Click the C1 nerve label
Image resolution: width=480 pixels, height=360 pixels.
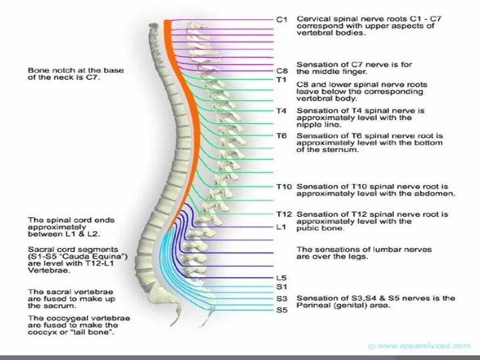point(281,19)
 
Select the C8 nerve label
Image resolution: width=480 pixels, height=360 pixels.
point(281,70)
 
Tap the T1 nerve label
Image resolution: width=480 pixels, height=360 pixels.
point(281,79)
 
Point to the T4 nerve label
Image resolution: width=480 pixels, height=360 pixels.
point(281,111)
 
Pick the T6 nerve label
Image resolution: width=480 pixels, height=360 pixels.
point(281,136)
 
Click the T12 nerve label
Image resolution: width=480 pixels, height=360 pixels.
point(283,214)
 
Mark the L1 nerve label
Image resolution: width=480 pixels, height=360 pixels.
point(281,227)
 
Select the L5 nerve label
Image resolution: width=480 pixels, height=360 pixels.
point(281,277)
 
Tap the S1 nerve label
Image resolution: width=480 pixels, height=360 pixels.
point(281,287)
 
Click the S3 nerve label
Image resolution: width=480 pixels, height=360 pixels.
point(281,299)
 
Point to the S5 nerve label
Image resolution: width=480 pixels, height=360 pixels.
point(281,309)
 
